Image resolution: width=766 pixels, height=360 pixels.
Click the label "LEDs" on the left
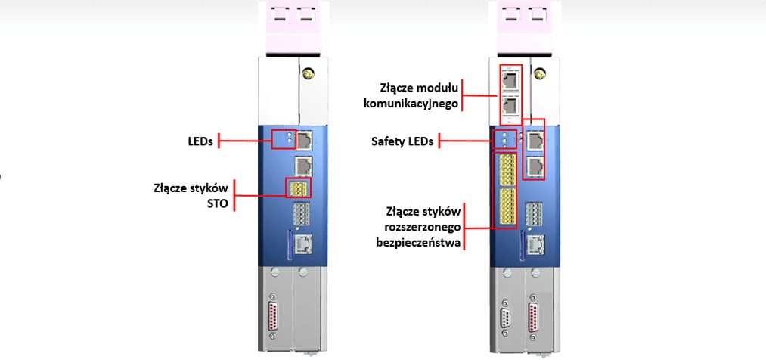coord(200,140)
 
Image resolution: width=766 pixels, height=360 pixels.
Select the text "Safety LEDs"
coord(402,141)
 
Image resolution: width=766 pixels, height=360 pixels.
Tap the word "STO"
coord(216,202)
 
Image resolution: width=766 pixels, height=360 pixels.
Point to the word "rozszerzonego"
coord(418,226)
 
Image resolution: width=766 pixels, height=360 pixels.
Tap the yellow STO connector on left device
coord(296,188)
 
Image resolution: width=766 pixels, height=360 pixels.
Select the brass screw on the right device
coord(540,74)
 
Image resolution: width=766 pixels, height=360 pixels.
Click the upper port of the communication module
coord(510,79)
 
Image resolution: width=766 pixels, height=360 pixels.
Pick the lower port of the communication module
coord(510,105)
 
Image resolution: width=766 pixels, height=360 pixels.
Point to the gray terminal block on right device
coord(535,215)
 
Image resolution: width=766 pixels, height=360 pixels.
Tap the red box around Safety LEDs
coord(504,139)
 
